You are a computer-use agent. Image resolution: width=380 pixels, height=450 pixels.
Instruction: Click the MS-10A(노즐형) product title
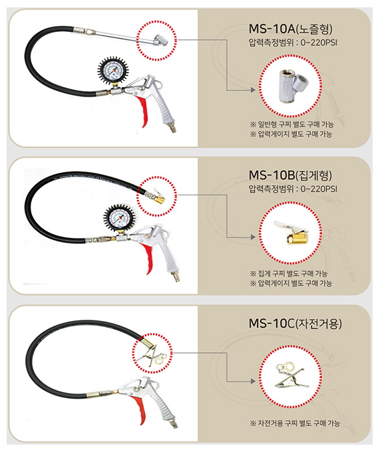tap(290, 29)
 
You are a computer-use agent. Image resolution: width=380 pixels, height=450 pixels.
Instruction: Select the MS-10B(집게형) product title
tap(290, 175)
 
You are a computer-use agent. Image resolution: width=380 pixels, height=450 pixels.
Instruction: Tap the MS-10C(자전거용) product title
tap(295, 324)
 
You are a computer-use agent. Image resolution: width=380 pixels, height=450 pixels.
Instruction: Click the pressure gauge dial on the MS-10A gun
tap(113, 70)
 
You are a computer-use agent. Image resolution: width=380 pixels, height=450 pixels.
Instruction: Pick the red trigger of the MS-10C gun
tap(140, 409)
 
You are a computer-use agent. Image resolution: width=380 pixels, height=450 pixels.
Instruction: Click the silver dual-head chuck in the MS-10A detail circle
tap(290, 86)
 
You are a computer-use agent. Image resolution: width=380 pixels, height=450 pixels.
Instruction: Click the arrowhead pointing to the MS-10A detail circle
tap(253, 90)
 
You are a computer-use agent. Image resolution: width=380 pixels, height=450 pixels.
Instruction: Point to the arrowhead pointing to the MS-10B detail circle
tap(253, 237)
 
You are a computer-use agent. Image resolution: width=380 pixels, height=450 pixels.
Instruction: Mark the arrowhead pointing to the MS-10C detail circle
tap(253, 381)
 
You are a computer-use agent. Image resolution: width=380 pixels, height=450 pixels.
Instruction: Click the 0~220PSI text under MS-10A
tap(319, 43)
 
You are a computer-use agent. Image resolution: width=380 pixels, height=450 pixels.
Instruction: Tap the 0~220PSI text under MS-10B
tap(319, 189)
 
